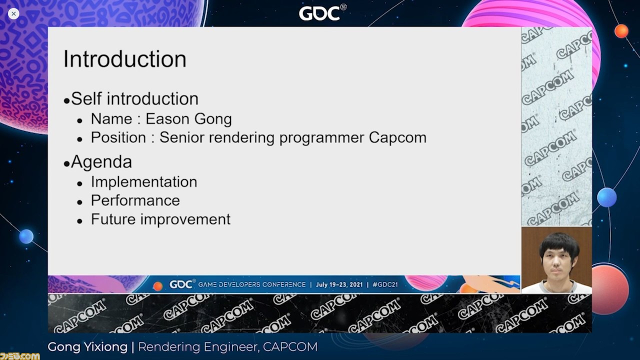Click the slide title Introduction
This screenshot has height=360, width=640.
pyautogui.click(x=124, y=59)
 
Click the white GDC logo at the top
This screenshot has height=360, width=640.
pyautogui.click(x=322, y=13)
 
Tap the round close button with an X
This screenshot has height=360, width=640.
pyautogui.click(x=13, y=13)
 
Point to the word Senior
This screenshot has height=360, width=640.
pyautogui.click(x=181, y=137)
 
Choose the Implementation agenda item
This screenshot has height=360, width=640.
pyautogui.click(x=144, y=182)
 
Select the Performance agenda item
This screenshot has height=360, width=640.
pyautogui.click(x=135, y=200)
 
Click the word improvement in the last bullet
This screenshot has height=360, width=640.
pyautogui.click(x=185, y=219)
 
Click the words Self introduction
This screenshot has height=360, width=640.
pyautogui.click(x=134, y=99)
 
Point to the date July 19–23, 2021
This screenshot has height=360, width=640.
pyautogui.click(x=339, y=284)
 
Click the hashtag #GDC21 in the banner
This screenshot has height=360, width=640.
pyautogui.click(x=385, y=284)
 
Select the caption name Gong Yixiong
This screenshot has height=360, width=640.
pyautogui.click(x=87, y=347)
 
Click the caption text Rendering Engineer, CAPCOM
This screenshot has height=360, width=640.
pyautogui.click(x=227, y=347)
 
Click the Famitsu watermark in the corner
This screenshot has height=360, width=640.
pyautogui.click(x=19, y=356)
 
